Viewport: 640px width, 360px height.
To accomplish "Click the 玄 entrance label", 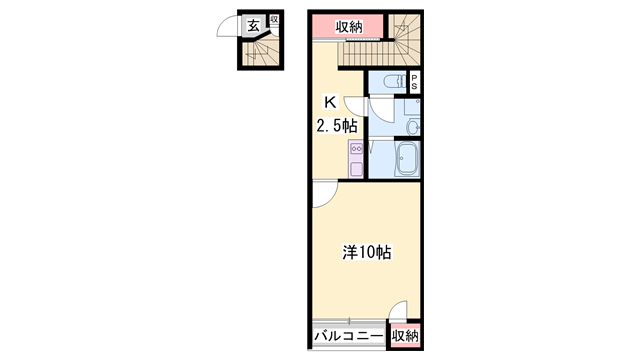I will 255,25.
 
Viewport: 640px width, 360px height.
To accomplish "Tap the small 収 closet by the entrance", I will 273,21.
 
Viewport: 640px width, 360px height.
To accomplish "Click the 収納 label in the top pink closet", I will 348,27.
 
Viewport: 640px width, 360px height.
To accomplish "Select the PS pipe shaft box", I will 414,83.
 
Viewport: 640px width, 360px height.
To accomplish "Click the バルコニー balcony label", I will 348,337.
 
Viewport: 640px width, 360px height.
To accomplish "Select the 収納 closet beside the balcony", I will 404,337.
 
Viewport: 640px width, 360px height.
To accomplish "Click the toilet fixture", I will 394,82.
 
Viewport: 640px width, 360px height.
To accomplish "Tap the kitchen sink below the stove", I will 356,168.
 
